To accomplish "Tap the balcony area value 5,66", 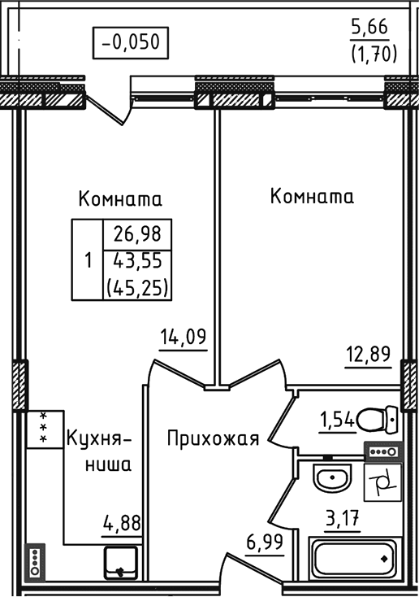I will coord(369,28).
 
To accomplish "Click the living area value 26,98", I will coord(138,235).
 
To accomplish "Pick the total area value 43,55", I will coord(138,261).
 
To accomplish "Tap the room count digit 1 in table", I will coord(88,261).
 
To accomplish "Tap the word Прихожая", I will coord(213,440).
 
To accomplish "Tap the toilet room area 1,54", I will coord(337,420).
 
